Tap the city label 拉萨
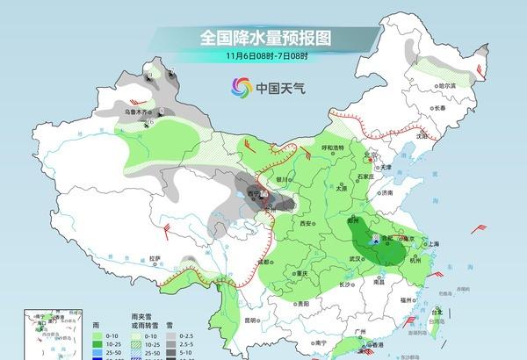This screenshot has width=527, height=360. pos(155,258)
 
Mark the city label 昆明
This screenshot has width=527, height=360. pos(253,320)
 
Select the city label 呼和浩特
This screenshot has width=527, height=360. pos(334,148)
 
